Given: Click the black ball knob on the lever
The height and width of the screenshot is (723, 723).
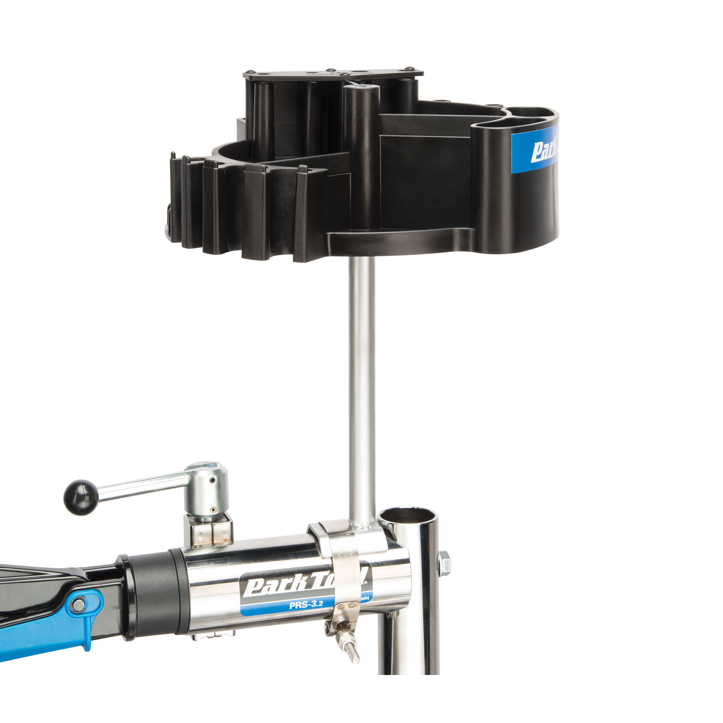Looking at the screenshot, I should pos(80,497).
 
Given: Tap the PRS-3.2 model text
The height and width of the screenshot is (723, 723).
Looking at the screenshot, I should pos(306,605).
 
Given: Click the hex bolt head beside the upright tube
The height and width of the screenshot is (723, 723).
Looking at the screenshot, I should pos(444,563).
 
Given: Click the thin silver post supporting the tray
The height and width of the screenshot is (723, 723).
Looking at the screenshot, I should pos(361,374).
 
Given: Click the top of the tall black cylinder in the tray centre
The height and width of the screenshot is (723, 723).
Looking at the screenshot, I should pos(361,89).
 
